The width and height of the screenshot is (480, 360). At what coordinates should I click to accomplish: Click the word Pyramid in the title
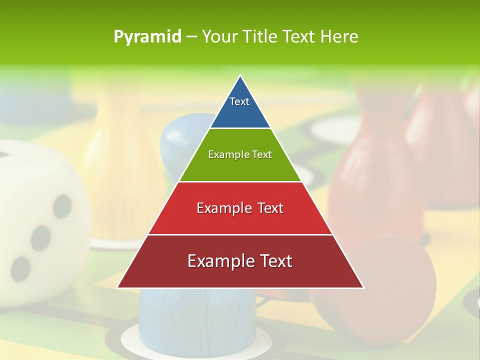(x=147, y=37)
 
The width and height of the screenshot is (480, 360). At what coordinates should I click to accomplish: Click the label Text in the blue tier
(x=239, y=101)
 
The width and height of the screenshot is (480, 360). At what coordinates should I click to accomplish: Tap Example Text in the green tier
(x=240, y=154)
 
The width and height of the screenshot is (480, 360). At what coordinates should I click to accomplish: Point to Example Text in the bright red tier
(x=240, y=208)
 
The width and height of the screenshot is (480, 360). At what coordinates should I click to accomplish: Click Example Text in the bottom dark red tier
(x=240, y=261)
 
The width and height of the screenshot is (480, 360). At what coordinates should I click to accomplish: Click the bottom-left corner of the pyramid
(x=118, y=287)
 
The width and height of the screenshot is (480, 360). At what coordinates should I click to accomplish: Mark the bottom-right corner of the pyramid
(x=363, y=287)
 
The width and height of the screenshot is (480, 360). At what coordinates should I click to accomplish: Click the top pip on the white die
(x=62, y=206)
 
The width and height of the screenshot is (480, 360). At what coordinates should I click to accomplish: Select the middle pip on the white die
(x=41, y=238)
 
